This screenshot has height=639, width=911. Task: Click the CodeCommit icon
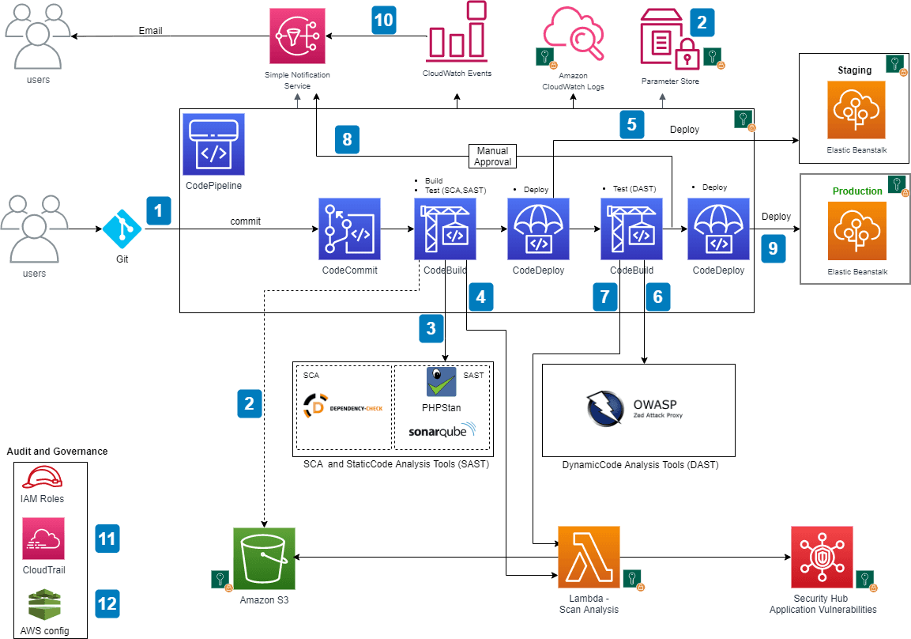349,229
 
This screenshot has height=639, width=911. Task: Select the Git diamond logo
122,229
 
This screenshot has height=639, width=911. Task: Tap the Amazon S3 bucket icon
264,558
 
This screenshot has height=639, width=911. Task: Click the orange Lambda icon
589,558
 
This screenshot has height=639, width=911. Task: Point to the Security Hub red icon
823,558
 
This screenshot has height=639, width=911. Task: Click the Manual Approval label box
491,156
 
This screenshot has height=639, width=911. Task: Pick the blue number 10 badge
383,19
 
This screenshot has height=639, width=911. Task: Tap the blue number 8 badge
348,138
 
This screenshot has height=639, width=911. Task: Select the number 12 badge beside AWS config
107,604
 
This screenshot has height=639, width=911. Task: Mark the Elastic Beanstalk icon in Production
856,231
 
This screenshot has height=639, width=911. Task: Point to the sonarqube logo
442,432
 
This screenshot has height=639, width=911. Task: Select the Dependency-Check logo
343,407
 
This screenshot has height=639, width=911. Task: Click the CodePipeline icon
213,144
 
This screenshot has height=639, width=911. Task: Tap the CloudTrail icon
43,539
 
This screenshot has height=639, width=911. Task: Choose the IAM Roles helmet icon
43,478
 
